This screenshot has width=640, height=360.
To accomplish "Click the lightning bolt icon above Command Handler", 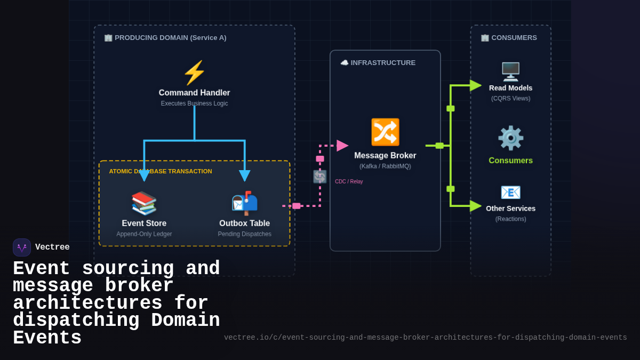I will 194,73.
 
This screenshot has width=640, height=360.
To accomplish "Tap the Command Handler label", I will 194,93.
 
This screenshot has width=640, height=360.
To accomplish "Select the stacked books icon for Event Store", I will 144,203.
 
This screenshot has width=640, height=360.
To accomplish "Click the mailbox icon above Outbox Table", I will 244,203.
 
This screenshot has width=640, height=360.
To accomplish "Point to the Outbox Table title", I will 244,223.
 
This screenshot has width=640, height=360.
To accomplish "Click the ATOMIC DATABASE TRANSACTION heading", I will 161,171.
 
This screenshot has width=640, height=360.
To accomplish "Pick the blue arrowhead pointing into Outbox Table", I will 244,175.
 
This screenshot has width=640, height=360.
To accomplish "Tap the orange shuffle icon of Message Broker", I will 385,132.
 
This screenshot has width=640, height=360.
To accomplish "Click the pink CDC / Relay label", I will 349,182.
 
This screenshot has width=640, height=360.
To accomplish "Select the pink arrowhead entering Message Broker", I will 342,146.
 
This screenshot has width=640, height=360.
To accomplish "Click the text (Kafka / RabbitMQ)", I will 385,166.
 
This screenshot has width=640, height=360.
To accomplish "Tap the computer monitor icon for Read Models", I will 510,71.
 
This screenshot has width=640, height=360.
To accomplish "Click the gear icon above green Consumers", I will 510,138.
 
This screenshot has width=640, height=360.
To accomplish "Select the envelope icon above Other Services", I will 510,193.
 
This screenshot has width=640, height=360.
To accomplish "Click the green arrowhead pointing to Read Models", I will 475,85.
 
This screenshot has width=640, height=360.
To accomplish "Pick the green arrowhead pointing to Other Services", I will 475,206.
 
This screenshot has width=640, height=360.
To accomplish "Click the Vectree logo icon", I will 22,247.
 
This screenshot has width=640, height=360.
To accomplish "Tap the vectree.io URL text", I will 425,338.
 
